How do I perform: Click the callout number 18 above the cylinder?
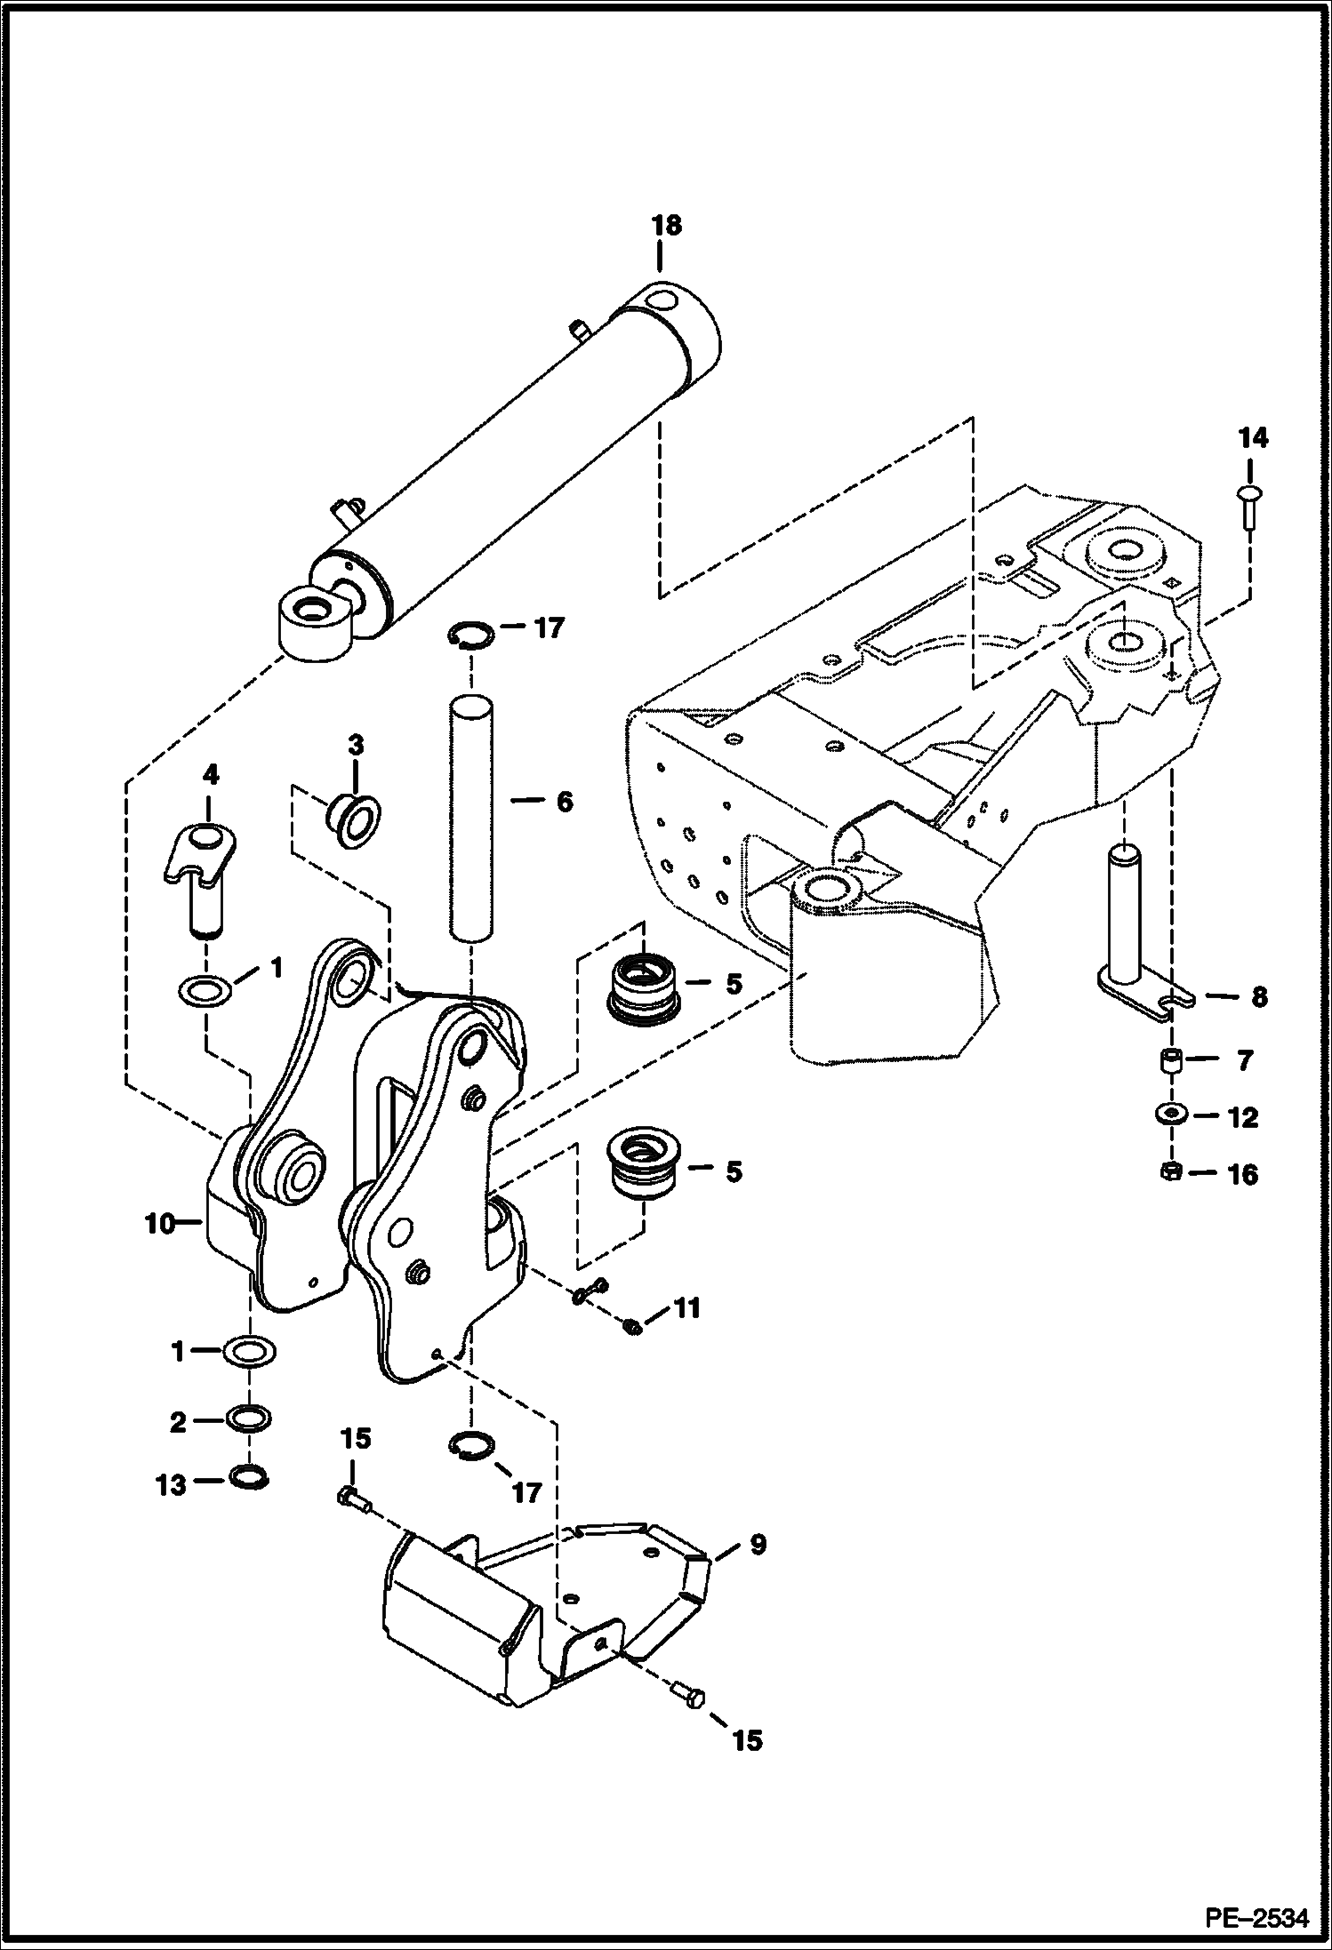click(x=666, y=226)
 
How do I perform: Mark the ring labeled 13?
click(x=250, y=1476)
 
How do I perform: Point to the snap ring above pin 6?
click(x=471, y=633)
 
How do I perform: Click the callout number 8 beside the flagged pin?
click(x=1259, y=997)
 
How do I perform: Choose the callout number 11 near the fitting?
click(x=687, y=1307)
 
